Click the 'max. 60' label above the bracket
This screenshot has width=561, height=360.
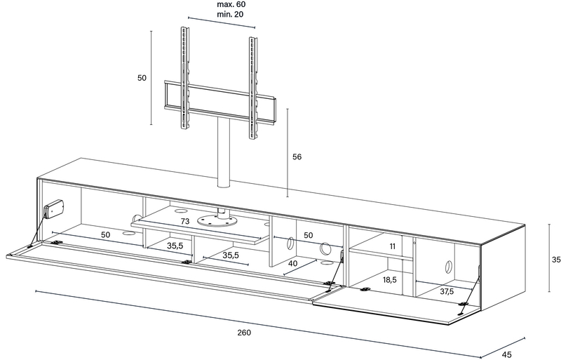pyautogui.click(x=231, y=5)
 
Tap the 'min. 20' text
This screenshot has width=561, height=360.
pyautogui.click(x=231, y=14)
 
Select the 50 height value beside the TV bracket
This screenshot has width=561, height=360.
pyautogui.click(x=142, y=78)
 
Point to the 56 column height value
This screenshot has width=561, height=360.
pyautogui.click(x=297, y=156)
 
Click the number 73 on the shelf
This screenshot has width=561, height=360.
pyautogui.click(x=184, y=221)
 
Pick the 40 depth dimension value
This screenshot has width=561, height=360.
pyautogui.click(x=292, y=264)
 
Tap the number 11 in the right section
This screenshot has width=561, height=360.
pyautogui.click(x=393, y=246)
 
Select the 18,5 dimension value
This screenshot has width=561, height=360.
pyautogui.click(x=390, y=280)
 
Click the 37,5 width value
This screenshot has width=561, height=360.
pyautogui.click(x=447, y=292)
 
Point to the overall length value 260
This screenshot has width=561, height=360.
pyautogui.click(x=244, y=333)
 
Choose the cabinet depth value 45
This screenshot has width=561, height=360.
pyautogui.click(x=506, y=354)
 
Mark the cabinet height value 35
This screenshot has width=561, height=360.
pyautogui.click(x=556, y=260)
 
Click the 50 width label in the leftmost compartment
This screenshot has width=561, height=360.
pyautogui.click(x=105, y=235)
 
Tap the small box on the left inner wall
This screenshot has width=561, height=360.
pyautogui.click(x=54, y=209)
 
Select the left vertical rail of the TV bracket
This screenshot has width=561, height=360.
pyautogui.click(x=184, y=78)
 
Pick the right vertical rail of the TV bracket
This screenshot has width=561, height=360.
pyautogui.click(x=253, y=88)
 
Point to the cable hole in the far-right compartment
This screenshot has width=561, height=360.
pyautogui.click(x=448, y=267)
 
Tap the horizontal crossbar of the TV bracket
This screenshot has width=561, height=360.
pyautogui.click(x=220, y=102)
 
